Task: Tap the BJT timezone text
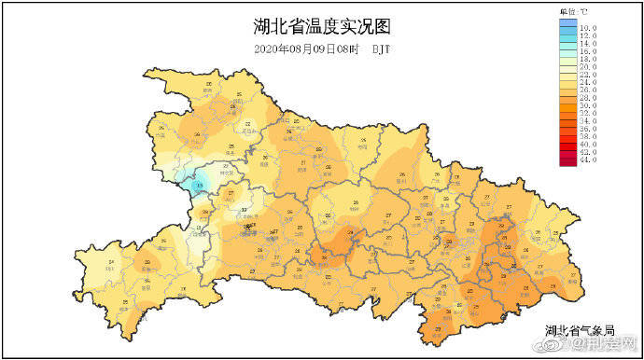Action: pos(381,48)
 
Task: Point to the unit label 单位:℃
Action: pos(573,11)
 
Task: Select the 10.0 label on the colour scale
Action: pos(588,30)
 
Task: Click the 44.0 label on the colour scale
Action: pos(588,160)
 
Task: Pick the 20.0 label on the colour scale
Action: pos(588,68)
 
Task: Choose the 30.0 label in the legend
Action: pos(588,106)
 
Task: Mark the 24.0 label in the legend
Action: pos(588,83)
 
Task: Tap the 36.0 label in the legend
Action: pos(588,130)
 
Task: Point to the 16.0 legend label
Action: pos(588,52)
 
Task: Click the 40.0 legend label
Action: pos(588,145)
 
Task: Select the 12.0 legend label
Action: pos(588,37)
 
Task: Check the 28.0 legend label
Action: pos(588,99)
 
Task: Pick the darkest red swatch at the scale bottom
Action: pos(567,161)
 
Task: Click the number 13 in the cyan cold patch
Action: pos(198,186)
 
